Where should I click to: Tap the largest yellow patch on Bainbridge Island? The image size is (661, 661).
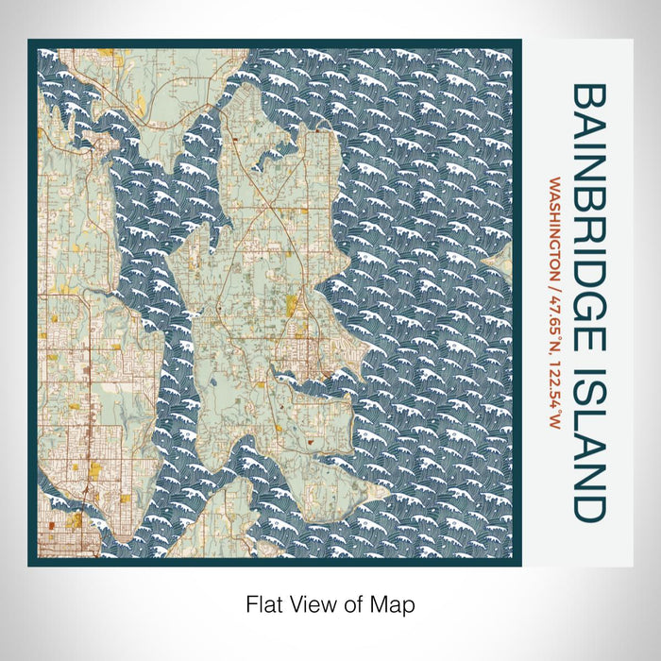coord(292,304)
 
